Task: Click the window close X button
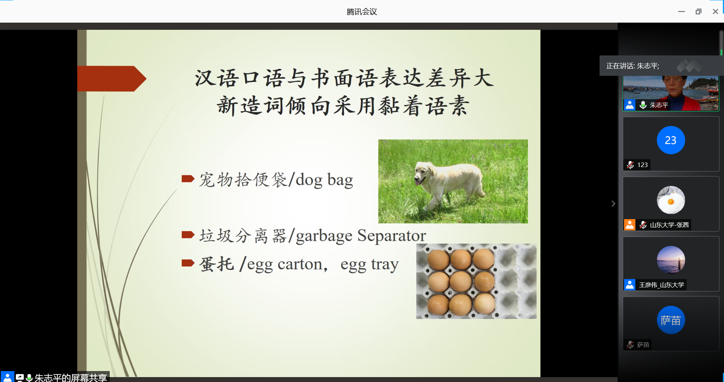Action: [715, 12]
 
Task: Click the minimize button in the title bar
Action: [681, 12]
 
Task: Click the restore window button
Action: [698, 12]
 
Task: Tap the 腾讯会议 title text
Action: [362, 12]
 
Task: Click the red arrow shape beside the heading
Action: [112, 78]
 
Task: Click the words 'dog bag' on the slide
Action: [324, 180]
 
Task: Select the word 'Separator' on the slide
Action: [391, 235]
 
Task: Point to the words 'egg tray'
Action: [370, 265]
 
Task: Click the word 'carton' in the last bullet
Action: [300, 264]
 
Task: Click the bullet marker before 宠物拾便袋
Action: [188, 178]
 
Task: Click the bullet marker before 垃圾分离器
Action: [188, 235]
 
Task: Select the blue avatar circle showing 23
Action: [671, 140]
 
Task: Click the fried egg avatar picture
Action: [671, 200]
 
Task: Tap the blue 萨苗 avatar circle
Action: [671, 320]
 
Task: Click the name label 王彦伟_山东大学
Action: [661, 285]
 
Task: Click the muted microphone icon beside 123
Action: [630, 165]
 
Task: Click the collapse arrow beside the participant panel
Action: [613, 204]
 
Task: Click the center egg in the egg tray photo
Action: [461, 282]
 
